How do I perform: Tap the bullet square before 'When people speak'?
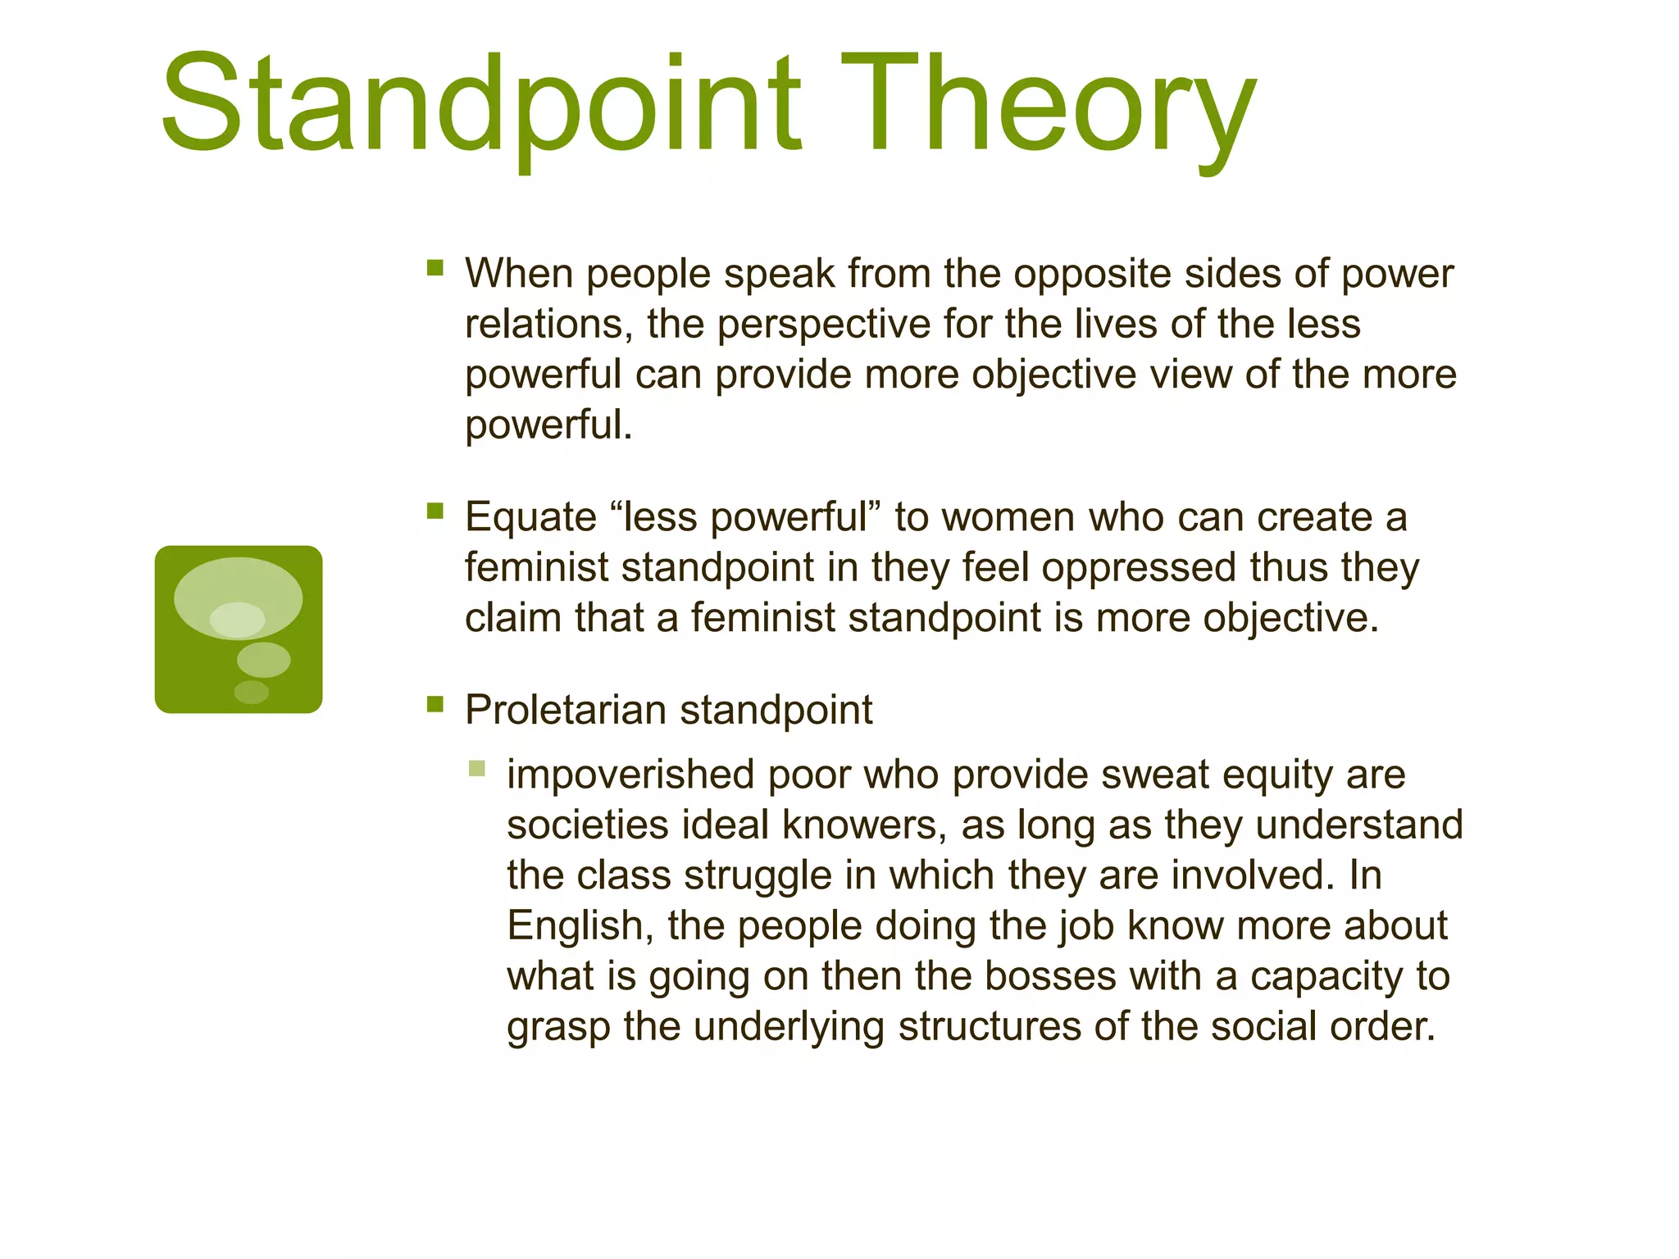pos(435,267)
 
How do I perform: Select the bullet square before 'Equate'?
pos(435,511)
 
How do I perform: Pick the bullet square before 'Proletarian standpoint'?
pos(435,704)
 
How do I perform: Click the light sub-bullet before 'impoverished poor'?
pos(477,768)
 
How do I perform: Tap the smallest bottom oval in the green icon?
pos(251,693)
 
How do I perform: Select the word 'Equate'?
pos(530,518)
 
